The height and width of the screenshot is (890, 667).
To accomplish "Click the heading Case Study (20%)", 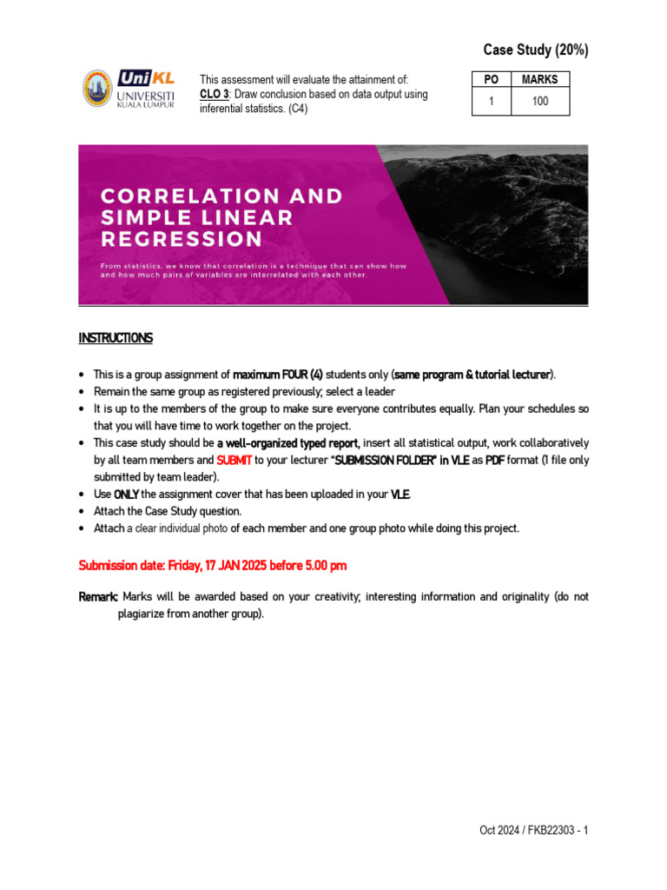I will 536,50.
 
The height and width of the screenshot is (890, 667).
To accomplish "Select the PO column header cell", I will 491,80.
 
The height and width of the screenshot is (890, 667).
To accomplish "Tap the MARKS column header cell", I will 540,80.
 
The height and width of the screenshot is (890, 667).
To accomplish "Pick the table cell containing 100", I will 540,102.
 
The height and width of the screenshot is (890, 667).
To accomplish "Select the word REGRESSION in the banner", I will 181,238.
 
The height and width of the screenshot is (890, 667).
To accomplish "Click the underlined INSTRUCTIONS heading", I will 116,338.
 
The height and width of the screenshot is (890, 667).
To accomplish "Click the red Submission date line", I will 213,565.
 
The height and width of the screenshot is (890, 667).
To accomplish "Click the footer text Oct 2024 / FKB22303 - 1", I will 533,830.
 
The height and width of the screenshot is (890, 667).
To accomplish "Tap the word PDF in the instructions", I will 495,461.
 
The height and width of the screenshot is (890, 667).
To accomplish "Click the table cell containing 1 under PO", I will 491,102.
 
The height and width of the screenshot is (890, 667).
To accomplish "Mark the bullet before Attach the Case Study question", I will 82,512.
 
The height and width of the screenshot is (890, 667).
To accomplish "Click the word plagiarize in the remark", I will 146,613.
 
